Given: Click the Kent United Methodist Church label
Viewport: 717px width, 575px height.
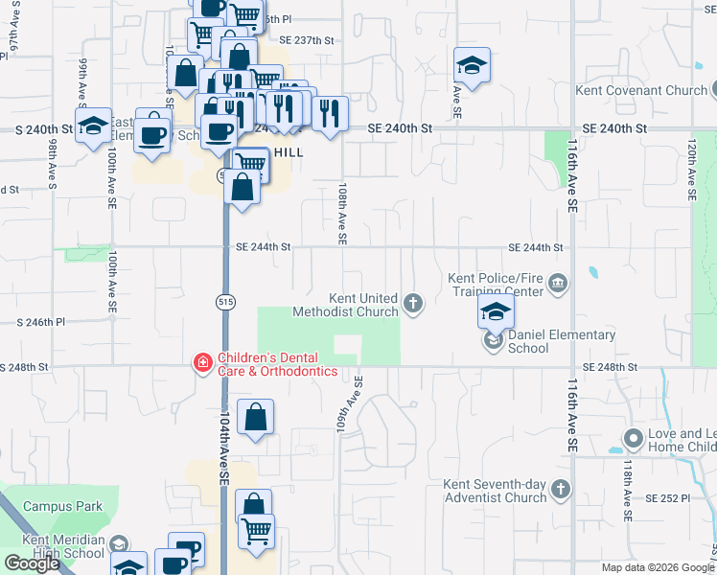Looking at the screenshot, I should click(363, 305).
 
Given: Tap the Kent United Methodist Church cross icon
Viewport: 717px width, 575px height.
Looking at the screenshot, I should click(413, 305).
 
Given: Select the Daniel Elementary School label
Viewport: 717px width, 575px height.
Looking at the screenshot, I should click(561, 341).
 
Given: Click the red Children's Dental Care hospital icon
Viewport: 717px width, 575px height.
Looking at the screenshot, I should click(203, 362).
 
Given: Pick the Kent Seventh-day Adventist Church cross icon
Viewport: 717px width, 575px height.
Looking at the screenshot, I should click(561, 491).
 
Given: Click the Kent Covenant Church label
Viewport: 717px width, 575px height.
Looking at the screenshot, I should click(640, 91).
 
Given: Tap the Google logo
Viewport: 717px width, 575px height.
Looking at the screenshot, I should click(32, 563).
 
